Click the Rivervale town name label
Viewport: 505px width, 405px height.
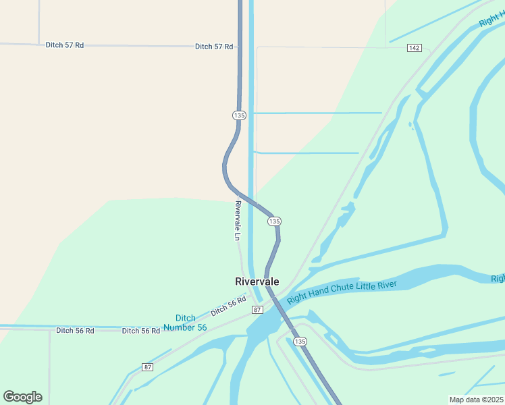point(257,281)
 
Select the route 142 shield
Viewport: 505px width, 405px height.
point(415,48)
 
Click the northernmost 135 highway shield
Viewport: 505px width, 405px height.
point(239,115)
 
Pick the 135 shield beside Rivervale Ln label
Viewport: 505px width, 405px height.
point(273,221)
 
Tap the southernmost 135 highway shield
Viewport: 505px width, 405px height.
point(300,342)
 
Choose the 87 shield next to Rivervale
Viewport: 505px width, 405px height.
point(257,309)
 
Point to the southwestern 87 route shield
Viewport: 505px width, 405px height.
point(148,367)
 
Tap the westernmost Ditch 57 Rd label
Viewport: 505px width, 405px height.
point(65,45)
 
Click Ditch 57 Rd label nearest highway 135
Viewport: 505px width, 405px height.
point(214,47)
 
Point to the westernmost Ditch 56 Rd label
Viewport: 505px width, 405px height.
point(74,331)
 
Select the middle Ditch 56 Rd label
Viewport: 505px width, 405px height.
point(140,331)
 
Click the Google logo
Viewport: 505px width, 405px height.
point(22,396)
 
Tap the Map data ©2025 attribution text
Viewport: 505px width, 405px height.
point(477,400)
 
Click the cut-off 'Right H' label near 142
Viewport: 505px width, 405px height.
point(491,19)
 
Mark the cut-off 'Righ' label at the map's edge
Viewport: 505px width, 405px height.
point(498,278)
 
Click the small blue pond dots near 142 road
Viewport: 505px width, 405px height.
point(410,126)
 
